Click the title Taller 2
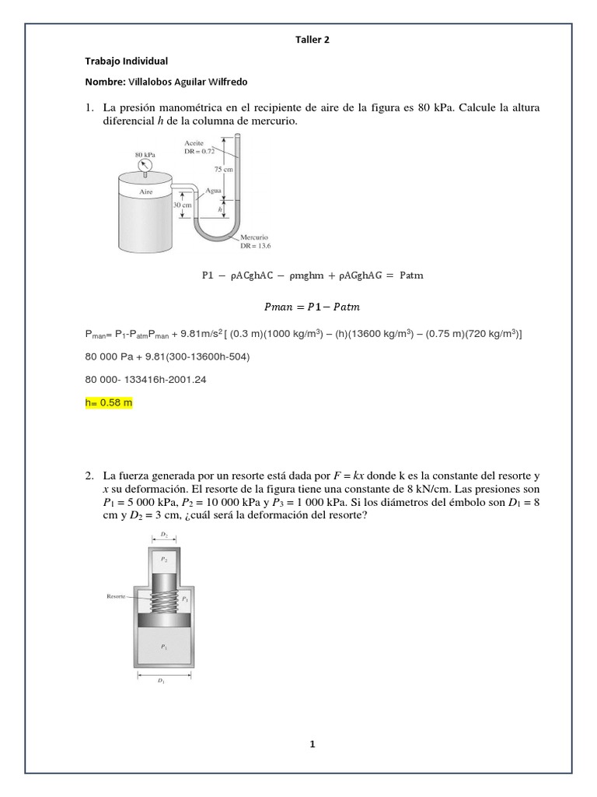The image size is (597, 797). click(x=312, y=40)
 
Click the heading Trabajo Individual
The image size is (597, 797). click(x=126, y=61)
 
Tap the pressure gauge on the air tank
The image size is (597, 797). click(x=142, y=164)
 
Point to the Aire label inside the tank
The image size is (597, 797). click(x=145, y=191)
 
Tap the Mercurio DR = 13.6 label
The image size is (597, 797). click(x=254, y=241)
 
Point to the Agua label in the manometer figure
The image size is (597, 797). click(x=212, y=191)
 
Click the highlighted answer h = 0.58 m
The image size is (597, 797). click(x=109, y=404)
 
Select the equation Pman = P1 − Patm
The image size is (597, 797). click(x=312, y=307)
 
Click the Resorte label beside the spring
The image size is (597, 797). click(x=117, y=597)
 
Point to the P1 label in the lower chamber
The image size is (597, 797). click(x=163, y=646)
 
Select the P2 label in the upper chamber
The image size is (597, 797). click(x=163, y=559)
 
